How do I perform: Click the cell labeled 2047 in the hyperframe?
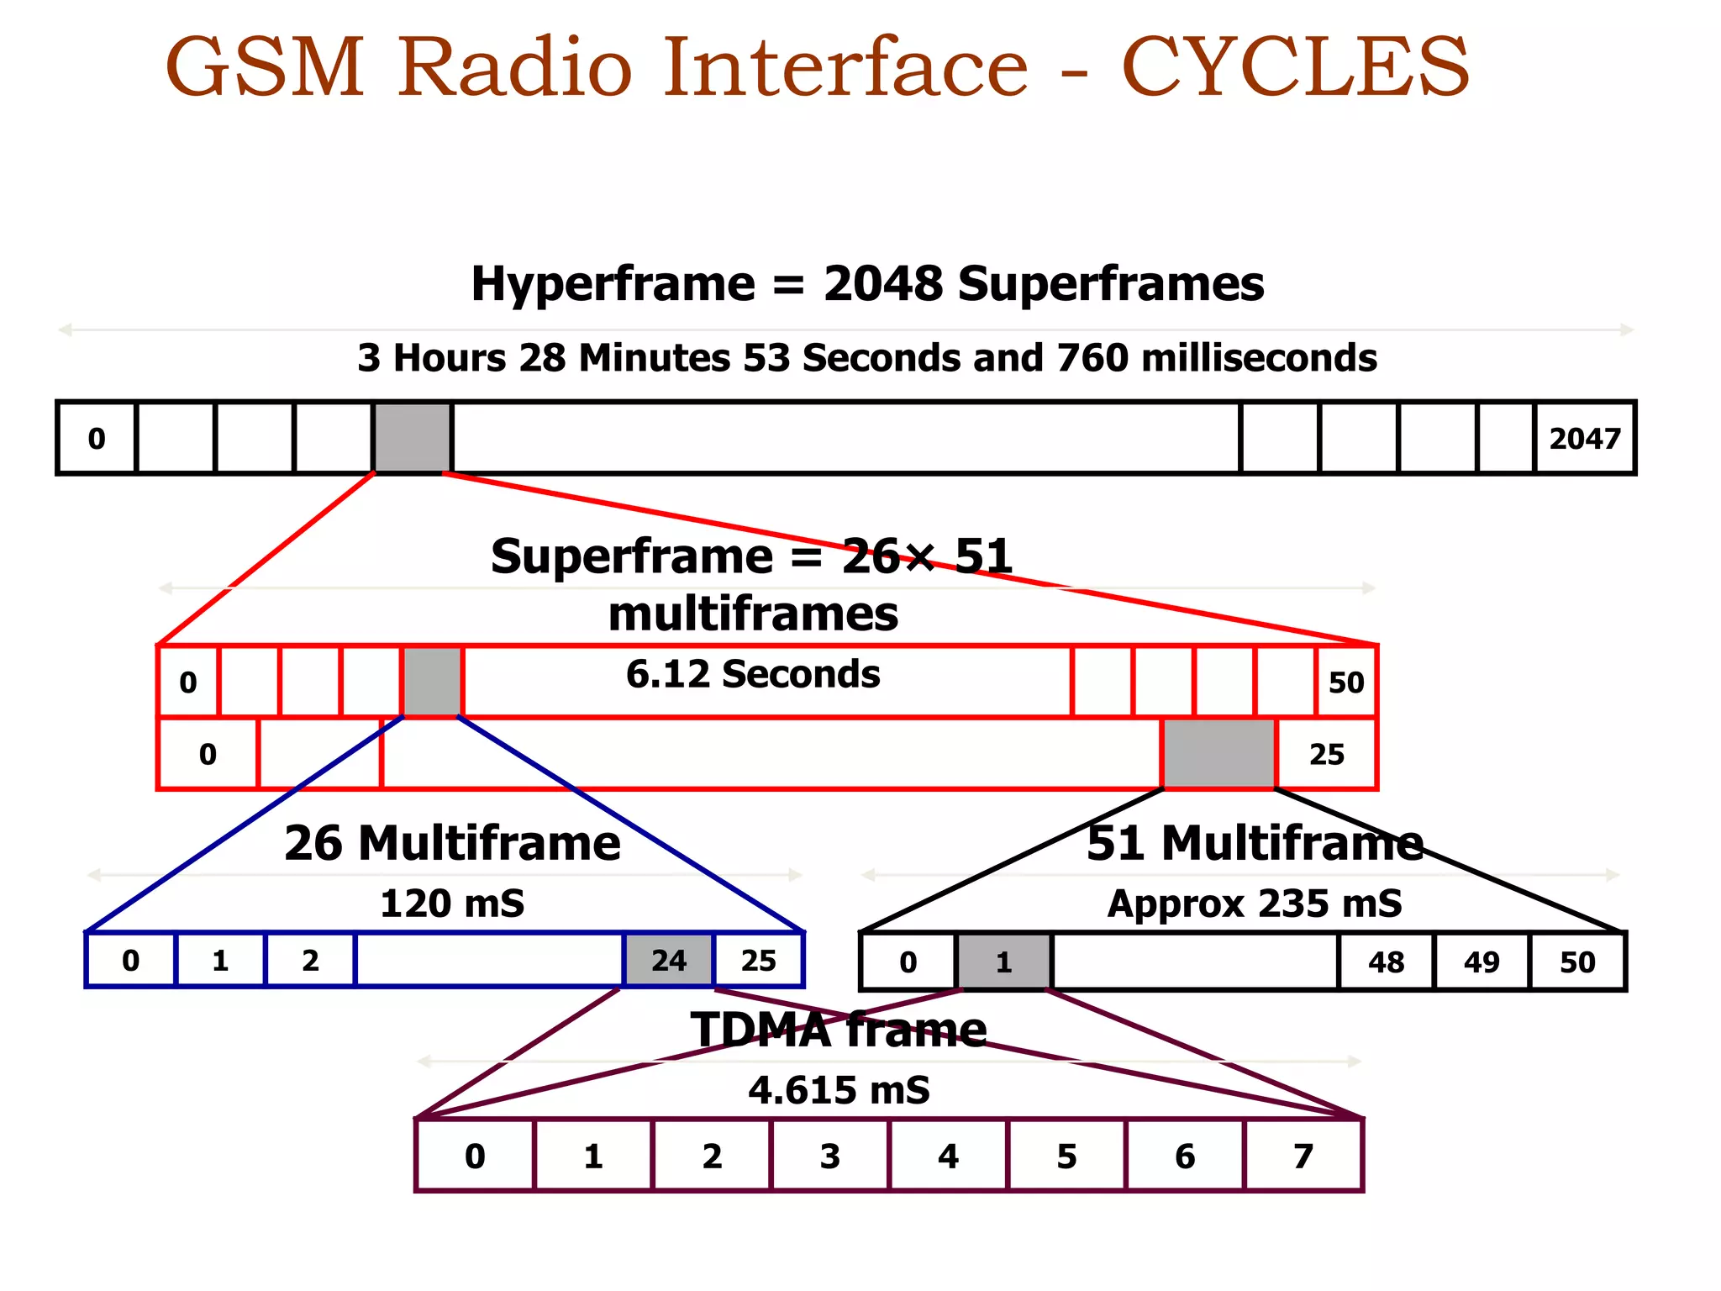(x=1584, y=439)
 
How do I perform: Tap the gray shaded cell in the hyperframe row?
(x=413, y=438)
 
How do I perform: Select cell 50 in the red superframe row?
(x=1345, y=682)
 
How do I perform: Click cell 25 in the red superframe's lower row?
(x=1326, y=754)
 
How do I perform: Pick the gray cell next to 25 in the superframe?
(x=1218, y=754)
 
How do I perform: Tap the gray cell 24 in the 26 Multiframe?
(x=669, y=960)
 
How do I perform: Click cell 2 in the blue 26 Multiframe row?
(x=310, y=960)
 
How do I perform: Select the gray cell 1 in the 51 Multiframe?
(x=1003, y=962)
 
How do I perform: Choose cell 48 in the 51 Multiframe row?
(x=1386, y=962)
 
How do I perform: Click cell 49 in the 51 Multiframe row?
(x=1482, y=962)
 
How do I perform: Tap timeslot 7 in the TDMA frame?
(x=1303, y=1157)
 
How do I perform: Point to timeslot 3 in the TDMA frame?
(x=829, y=1157)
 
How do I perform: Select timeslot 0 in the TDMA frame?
(x=475, y=1157)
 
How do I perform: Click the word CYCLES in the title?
(x=1295, y=67)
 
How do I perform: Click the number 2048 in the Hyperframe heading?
(x=883, y=284)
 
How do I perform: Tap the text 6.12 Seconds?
(x=753, y=674)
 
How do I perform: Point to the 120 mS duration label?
(x=452, y=904)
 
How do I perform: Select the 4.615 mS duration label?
(x=839, y=1090)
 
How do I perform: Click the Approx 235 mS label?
(x=1255, y=904)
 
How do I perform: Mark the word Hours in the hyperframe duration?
(x=450, y=358)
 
